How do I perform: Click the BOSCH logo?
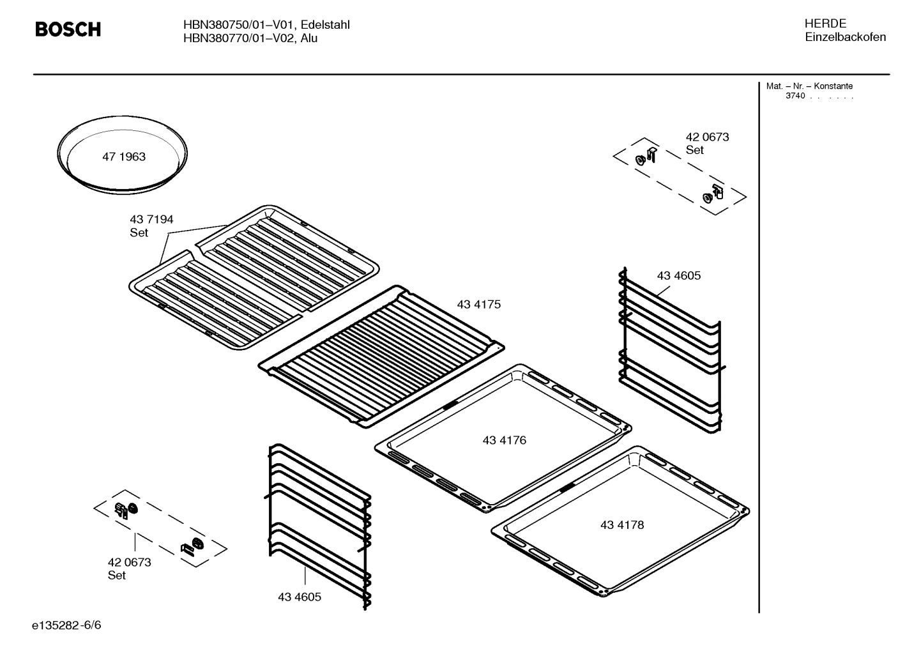tap(68, 29)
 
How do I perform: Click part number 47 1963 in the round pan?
tap(124, 157)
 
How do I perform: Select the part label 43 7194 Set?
tap(151, 226)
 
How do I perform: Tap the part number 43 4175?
tap(478, 305)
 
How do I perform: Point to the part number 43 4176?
tap(504, 440)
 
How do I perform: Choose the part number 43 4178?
tap(621, 525)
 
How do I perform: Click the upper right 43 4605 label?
tap(678, 275)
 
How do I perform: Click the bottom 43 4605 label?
tap(299, 597)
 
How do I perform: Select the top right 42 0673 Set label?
tap(706, 143)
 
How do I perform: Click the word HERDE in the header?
tap(825, 24)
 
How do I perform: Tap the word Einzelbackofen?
tap(844, 37)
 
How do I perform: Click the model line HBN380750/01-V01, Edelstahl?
tap(266, 25)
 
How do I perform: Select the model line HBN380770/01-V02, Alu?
tap(250, 38)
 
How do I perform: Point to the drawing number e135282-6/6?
tap(66, 625)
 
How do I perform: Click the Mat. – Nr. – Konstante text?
tap(809, 86)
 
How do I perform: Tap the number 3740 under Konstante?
tap(795, 96)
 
